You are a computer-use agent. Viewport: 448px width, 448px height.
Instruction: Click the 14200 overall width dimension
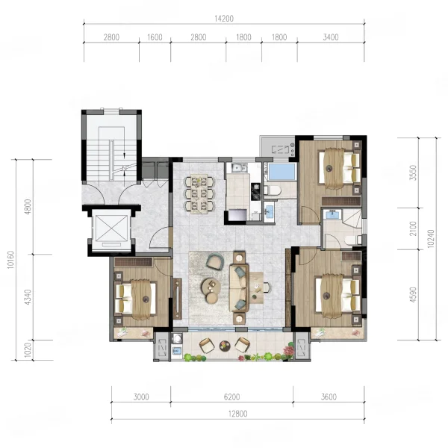(224, 19)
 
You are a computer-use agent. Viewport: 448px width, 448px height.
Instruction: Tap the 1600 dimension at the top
(155, 37)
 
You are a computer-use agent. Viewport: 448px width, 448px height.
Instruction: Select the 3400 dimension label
(331, 37)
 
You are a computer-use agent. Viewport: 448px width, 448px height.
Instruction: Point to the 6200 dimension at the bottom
(231, 397)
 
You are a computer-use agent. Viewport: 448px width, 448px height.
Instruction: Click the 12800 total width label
(237, 414)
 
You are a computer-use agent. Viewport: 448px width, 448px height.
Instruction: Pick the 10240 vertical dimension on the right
(431, 239)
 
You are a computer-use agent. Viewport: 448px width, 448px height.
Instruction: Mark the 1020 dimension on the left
(28, 350)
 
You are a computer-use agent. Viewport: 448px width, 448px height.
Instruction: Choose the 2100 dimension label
(413, 228)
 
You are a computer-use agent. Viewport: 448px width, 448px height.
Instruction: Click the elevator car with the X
(111, 228)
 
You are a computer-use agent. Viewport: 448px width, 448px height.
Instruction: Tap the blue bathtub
(281, 172)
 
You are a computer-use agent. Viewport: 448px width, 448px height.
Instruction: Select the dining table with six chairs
(199, 194)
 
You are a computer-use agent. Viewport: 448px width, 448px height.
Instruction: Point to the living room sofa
(240, 287)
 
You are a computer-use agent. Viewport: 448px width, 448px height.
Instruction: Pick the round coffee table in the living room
(211, 286)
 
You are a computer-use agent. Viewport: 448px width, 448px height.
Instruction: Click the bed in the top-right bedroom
(340, 169)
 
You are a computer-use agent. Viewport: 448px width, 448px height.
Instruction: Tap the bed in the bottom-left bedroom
(135, 299)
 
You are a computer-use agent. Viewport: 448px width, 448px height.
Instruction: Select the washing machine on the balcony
(177, 338)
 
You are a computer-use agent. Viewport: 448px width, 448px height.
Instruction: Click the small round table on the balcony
(225, 346)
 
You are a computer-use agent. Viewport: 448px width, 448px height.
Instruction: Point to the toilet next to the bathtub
(272, 190)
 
